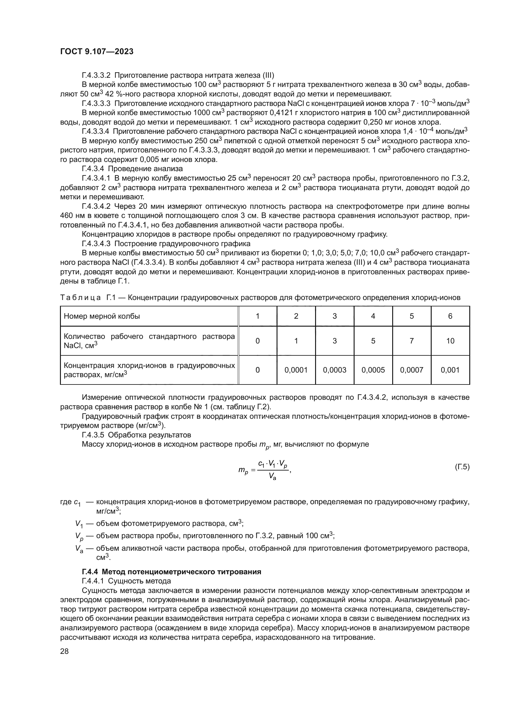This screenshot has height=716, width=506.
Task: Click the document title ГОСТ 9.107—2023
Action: [x=97, y=52]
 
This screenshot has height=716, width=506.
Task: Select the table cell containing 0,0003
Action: [x=335, y=370]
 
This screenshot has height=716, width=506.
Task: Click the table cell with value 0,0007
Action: [x=411, y=370]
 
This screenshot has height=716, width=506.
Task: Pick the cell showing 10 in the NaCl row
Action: [x=450, y=341]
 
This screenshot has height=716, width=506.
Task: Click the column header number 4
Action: [x=373, y=316]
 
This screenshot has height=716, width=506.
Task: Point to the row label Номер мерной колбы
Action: [x=102, y=316]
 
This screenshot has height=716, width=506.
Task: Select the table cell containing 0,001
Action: [x=450, y=370]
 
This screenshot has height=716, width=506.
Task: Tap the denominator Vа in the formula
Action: [x=272, y=477]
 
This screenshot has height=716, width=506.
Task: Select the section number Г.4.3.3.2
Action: [x=96, y=76]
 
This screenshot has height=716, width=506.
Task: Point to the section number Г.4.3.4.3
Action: [x=96, y=244]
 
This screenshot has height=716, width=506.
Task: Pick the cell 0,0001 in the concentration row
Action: [x=296, y=370]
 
